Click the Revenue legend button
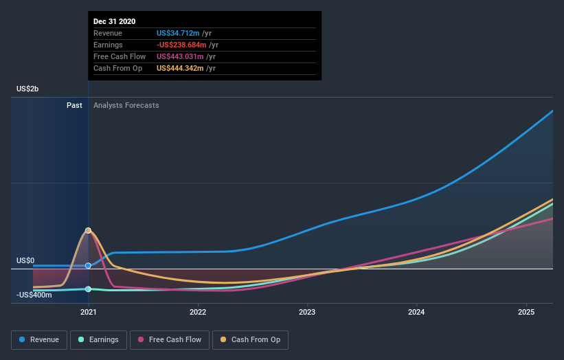tap(39, 339)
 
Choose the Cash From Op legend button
tap(251, 339)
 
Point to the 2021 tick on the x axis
tap(88, 312)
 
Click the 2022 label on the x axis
tap(198, 312)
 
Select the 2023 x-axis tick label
tap(307, 312)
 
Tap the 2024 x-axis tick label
tap(416, 312)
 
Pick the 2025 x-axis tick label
tap(526, 312)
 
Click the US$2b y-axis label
tap(27, 89)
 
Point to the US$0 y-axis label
tap(25, 261)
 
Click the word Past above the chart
tap(74, 105)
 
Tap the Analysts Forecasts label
tap(126, 105)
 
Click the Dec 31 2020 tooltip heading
tap(115, 21)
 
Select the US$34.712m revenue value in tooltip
tap(178, 33)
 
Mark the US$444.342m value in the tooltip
tap(180, 68)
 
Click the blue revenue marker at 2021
tap(88, 265)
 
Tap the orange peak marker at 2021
tap(88, 230)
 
